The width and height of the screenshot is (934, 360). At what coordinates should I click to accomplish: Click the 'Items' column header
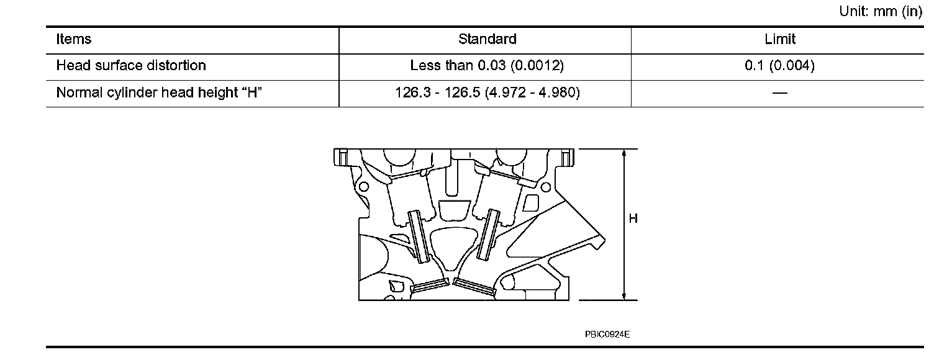pos(73,39)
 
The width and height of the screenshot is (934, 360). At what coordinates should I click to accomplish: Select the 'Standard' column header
pos(487,39)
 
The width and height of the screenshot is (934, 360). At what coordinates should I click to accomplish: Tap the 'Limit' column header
pos(780,39)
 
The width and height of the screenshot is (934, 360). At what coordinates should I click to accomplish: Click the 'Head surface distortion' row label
pos(131,65)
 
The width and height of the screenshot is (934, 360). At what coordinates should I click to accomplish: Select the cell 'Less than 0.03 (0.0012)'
pos(487,65)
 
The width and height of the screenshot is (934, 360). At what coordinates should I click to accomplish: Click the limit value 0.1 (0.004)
pos(780,65)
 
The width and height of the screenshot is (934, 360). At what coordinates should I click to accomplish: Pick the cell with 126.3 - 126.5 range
pos(487,92)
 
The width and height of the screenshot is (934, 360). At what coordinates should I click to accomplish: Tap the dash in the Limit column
pos(780,92)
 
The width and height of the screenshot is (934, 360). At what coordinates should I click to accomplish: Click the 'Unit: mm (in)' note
pos(881,11)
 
